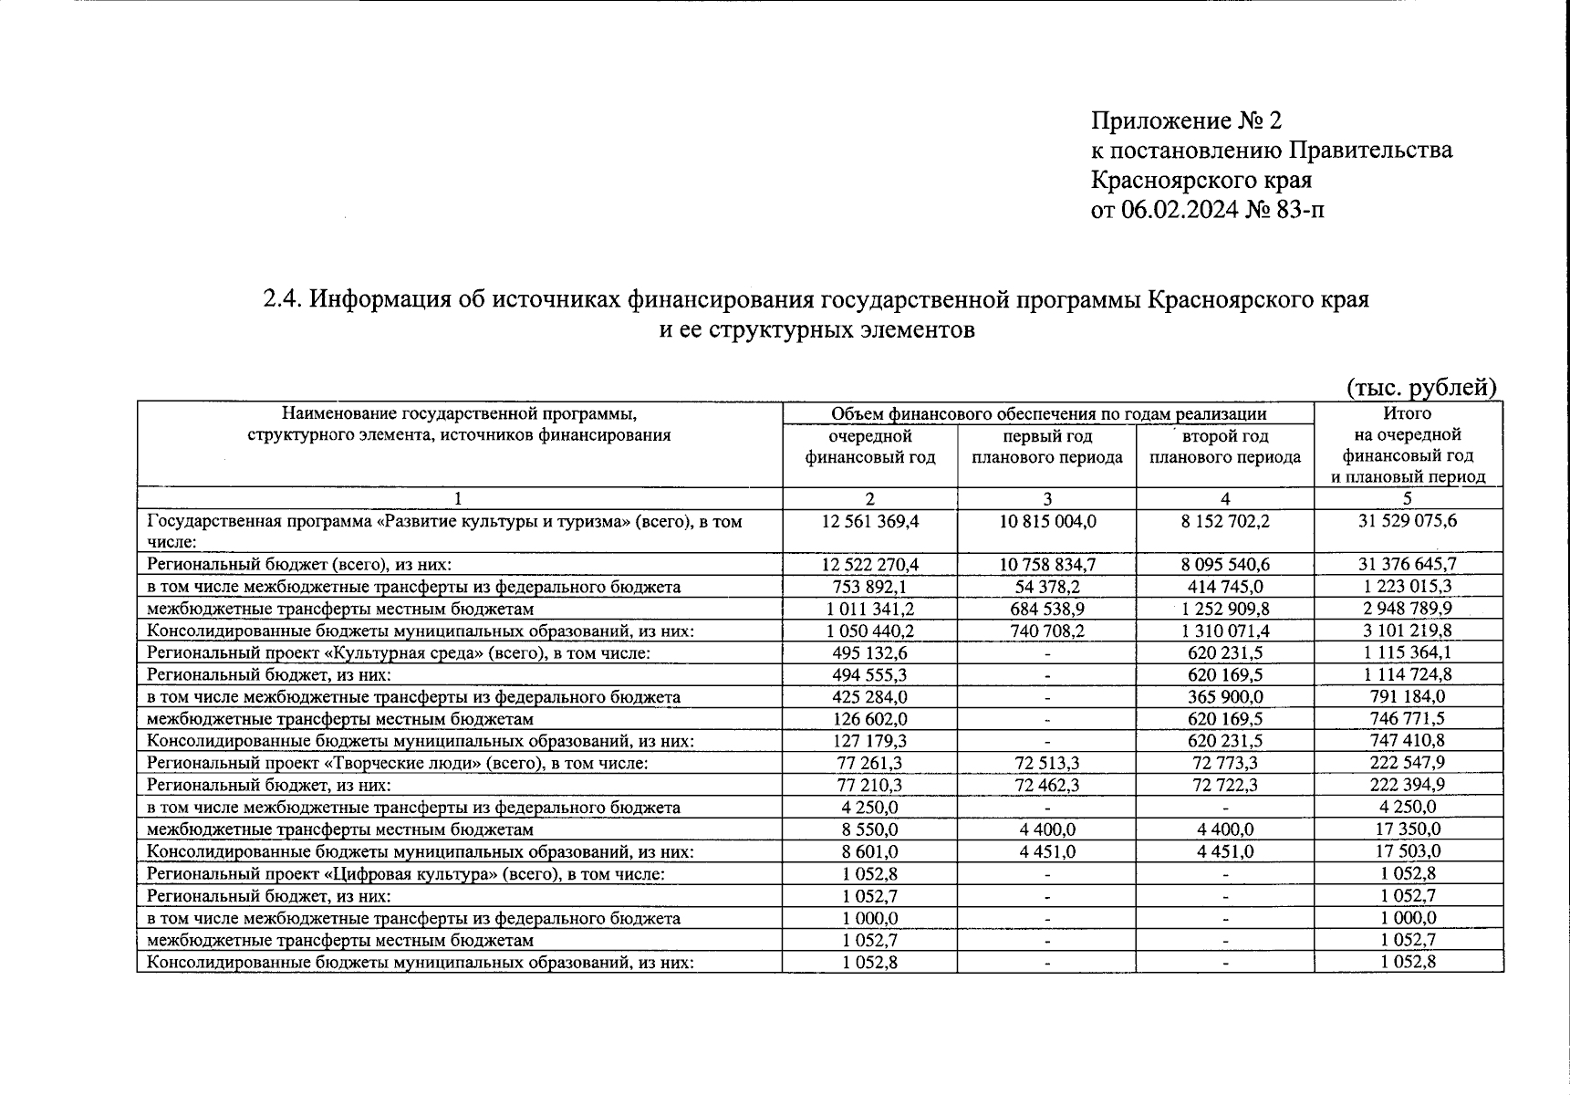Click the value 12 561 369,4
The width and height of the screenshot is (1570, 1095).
[869, 521]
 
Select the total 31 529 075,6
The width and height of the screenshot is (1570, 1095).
[1408, 521]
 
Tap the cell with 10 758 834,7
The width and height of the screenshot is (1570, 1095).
[1046, 565]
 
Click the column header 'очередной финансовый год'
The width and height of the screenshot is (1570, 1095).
[869, 447]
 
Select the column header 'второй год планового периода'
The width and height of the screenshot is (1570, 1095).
[1225, 447]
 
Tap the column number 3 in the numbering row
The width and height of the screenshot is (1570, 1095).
[1046, 499]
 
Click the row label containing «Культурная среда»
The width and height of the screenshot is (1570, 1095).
[399, 653]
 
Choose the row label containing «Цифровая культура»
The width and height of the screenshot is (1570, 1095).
[405, 874]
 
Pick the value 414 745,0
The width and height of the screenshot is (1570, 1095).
[1225, 587]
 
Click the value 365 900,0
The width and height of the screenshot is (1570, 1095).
[1225, 697]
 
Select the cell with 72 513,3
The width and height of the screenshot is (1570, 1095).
[1046, 763]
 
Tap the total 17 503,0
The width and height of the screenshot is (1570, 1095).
[1408, 851]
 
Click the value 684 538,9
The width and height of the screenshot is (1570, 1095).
[1046, 609]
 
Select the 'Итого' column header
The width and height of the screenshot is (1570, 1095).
[1408, 413]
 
